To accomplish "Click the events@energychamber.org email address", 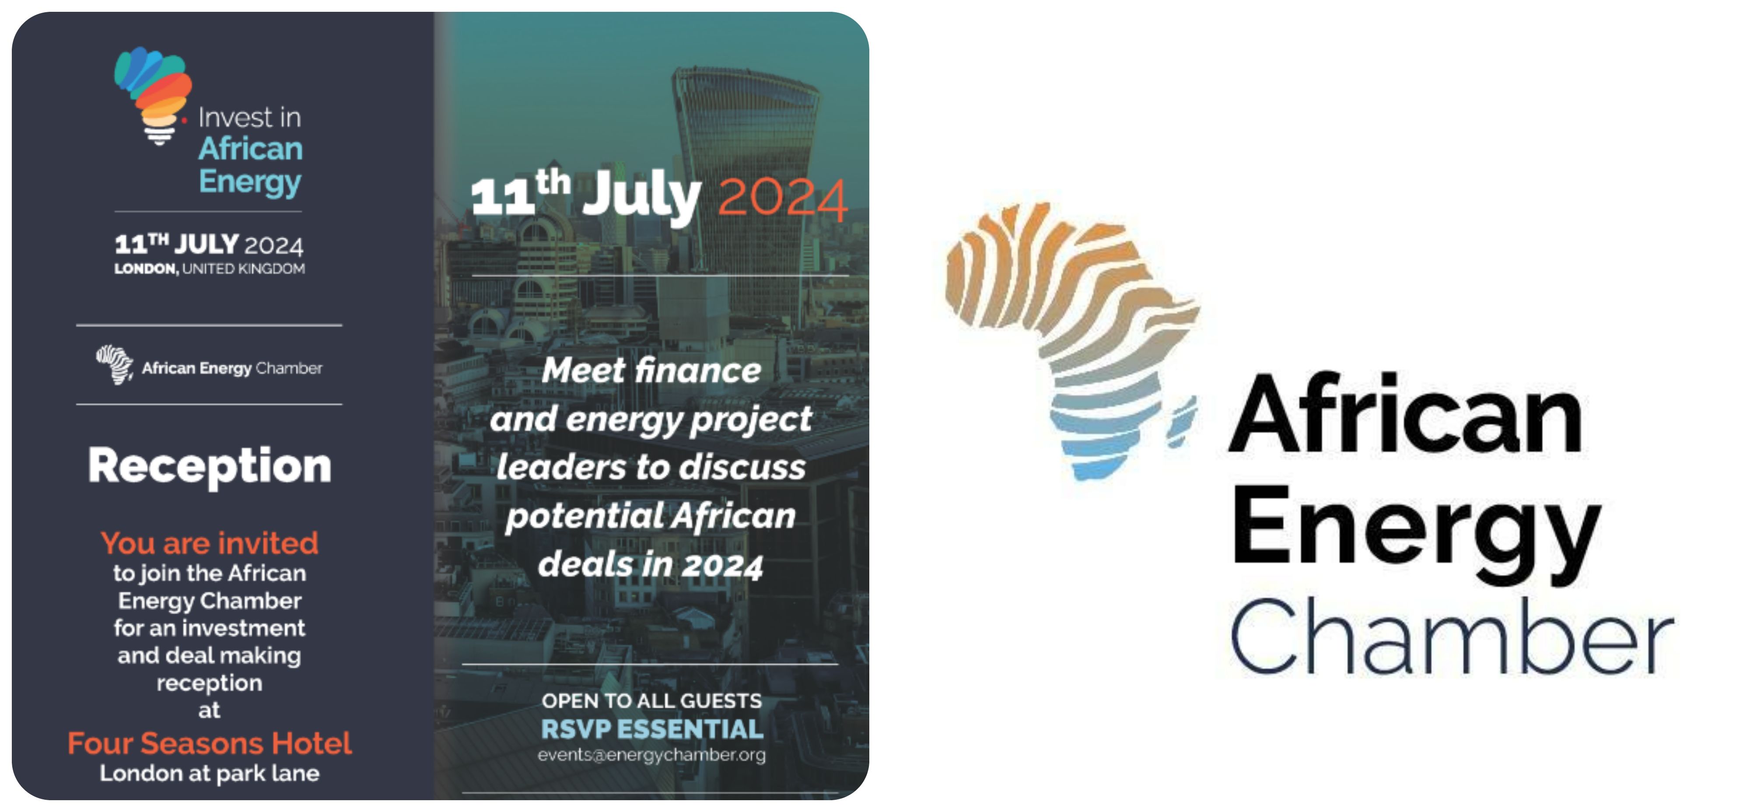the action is [x=651, y=755].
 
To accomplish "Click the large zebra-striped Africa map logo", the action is [x=1072, y=339].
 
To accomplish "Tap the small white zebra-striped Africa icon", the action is [x=114, y=364].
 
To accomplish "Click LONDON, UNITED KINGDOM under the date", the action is [x=209, y=269].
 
